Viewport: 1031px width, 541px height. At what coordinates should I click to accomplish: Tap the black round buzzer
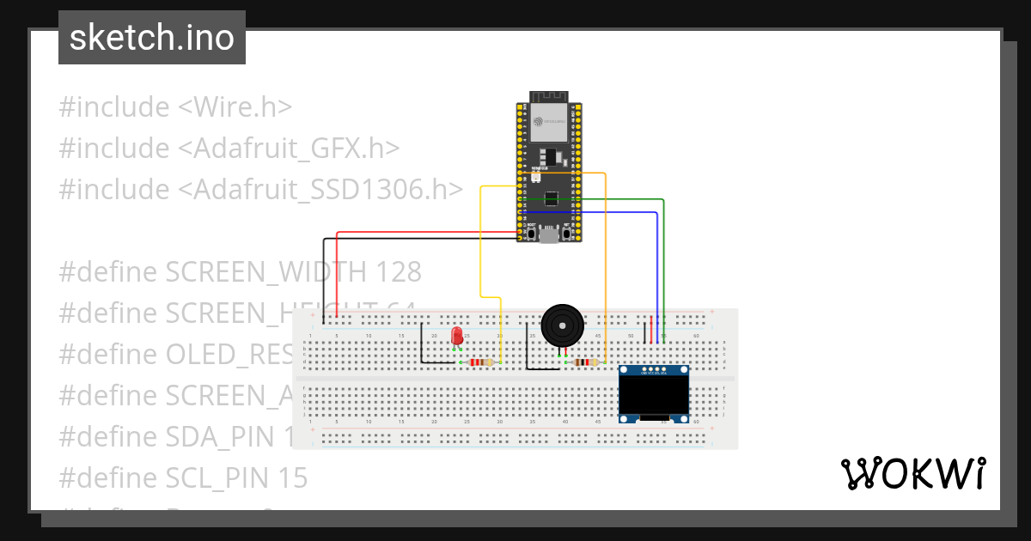(563, 325)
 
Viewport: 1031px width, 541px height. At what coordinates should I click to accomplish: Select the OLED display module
(655, 394)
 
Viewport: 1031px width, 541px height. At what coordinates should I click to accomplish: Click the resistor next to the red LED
(481, 362)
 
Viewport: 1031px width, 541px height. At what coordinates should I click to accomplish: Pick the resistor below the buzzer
(586, 362)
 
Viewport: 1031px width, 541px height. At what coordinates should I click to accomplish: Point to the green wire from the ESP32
(663, 258)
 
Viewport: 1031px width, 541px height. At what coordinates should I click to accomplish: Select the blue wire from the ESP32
(658, 266)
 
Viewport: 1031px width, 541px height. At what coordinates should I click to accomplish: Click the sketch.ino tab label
(152, 38)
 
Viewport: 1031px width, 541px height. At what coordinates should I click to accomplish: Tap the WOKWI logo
(913, 474)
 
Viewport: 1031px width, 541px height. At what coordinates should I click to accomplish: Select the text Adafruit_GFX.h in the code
(290, 149)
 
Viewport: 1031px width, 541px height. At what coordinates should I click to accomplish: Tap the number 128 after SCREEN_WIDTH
(398, 272)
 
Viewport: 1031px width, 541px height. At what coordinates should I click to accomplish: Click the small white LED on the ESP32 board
(536, 176)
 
